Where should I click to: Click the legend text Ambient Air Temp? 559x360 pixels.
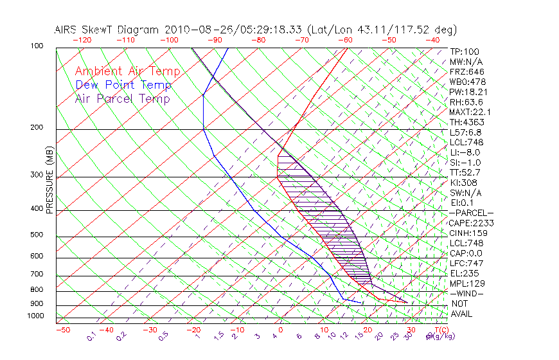pos(127,71)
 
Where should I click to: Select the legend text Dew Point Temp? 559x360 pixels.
pos(123,85)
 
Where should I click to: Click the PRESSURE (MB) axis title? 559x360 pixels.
pos(49,181)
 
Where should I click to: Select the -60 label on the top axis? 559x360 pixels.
pos(345,40)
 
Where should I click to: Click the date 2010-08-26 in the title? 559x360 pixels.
pos(194,30)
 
